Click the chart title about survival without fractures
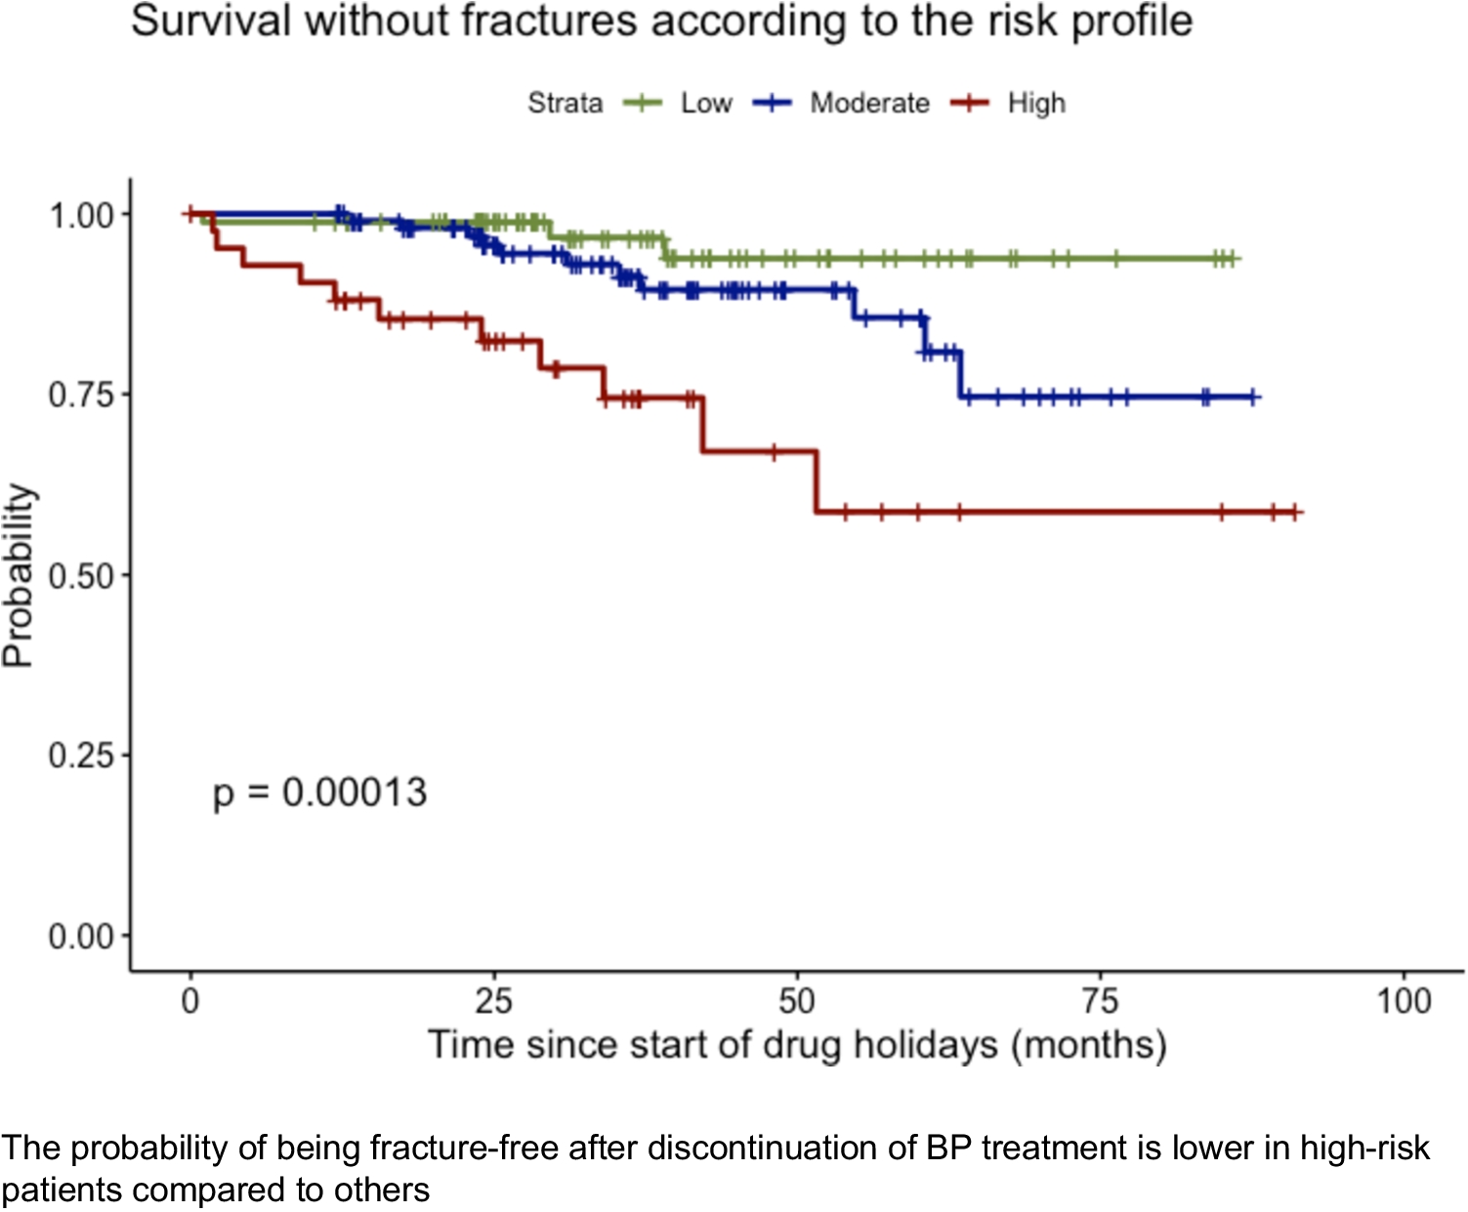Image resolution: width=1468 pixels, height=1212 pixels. (661, 22)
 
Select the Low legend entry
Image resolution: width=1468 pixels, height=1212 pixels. (705, 103)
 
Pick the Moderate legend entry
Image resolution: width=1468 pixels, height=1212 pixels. (868, 103)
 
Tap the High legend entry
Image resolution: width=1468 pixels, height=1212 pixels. (1035, 103)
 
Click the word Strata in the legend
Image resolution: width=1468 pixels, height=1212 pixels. (565, 103)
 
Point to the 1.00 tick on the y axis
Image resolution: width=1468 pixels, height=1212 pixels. (82, 215)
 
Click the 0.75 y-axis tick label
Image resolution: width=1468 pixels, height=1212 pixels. (82, 395)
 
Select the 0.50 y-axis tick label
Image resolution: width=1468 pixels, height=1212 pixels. (82, 575)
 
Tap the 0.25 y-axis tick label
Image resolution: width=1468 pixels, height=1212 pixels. (82, 755)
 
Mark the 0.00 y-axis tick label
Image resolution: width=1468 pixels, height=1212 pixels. (82, 936)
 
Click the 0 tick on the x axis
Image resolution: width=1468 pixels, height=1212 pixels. (190, 1001)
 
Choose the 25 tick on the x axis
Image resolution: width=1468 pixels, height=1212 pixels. (493, 1001)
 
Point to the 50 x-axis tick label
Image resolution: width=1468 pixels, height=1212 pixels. (797, 1001)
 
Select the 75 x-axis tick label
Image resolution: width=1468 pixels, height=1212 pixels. (1101, 1001)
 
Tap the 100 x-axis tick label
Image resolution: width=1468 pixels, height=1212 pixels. (1404, 1001)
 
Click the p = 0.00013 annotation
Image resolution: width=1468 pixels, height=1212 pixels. (319, 792)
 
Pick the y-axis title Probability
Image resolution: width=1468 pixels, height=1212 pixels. (19, 575)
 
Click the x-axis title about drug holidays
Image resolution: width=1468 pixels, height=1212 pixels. (797, 1045)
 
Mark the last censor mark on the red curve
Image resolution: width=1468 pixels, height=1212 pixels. (1294, 512)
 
